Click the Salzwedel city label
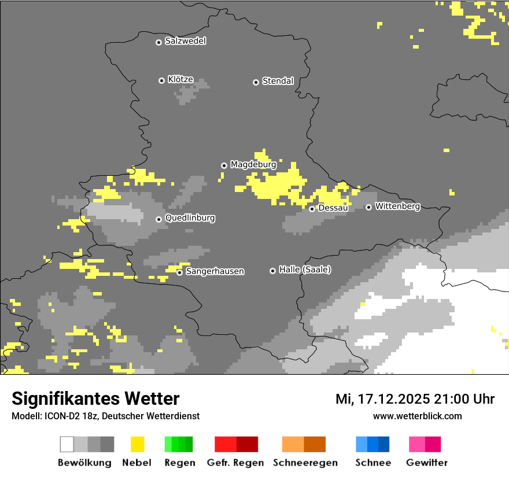point(185,41)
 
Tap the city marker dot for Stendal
point(256,82)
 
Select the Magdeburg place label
point(253,165)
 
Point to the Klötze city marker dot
point(161,80)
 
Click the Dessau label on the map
point(333,208)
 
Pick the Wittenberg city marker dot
point(368,207)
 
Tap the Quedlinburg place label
point(190,218)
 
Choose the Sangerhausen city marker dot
point(180,272)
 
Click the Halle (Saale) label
point(305,269)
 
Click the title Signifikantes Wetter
point(95,398)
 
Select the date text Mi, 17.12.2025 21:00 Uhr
point(415,399)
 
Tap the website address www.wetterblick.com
point(417,416)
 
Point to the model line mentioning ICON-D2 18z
point(105,416)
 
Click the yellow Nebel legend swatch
point(137,444)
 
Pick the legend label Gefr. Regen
point(235,463)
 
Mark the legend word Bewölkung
point(84,463)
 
